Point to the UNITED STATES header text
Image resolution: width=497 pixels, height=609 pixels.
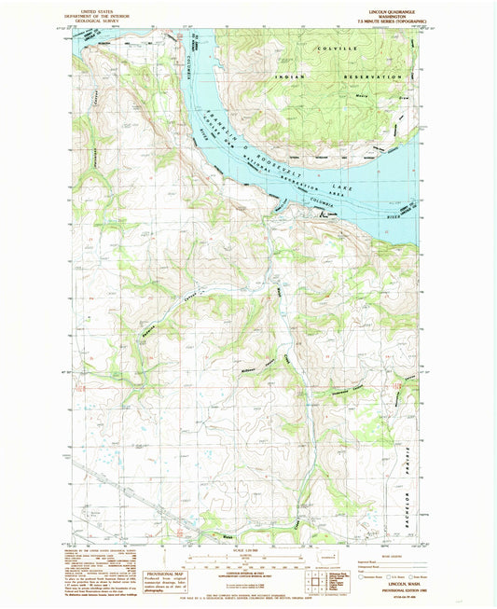[x=105, y=7]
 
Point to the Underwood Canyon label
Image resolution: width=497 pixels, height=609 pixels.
[x=345, y=384]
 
